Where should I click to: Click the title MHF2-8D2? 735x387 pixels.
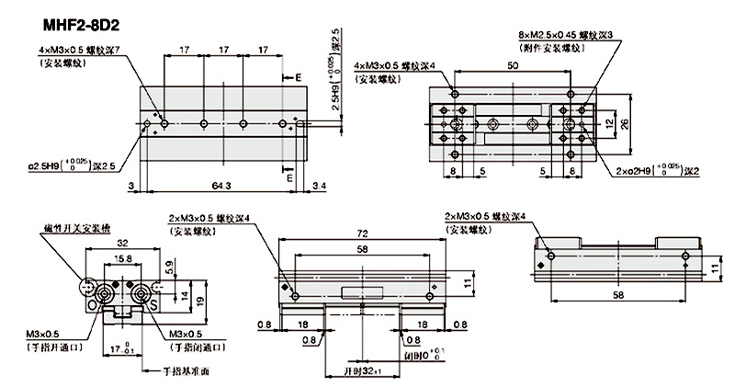click(54, 19)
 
